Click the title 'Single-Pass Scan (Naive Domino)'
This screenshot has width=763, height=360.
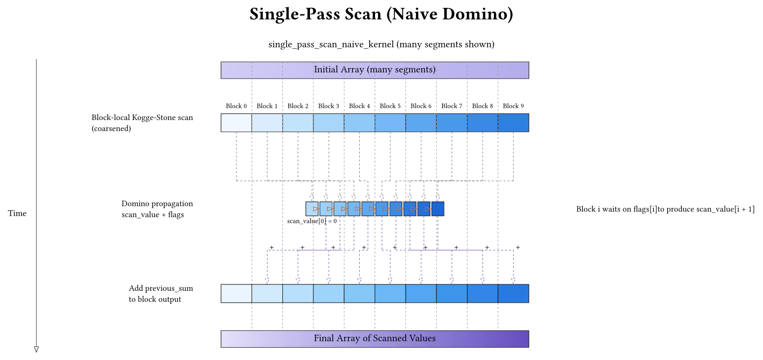(x=381, y=14)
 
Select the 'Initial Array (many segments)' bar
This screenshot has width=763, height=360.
(x=375, y=70)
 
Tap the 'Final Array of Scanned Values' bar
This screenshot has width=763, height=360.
(x=375, y=339)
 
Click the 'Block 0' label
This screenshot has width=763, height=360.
(x=236, y=106)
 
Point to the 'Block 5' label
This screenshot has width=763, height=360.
(x=390, y=106)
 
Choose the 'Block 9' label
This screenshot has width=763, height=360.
(x=513, y=106)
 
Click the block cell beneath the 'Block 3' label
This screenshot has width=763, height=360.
(x=329, y=123)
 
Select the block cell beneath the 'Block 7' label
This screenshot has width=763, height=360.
(x=452, y=123)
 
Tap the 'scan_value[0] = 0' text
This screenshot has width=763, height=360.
(x=312, y=221)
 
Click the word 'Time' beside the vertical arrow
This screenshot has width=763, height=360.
(x=17, y=213)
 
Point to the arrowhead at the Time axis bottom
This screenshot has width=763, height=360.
(x=36, y=349)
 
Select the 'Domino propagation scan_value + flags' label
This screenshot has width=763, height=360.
(x=157, y=209)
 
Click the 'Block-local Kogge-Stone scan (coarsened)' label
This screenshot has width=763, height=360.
(x=142, y=123)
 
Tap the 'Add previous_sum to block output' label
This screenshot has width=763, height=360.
(x=160, y=293)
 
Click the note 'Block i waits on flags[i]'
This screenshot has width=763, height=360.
(x=665, y=209)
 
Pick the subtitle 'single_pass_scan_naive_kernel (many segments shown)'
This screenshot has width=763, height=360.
(x=381, y=44)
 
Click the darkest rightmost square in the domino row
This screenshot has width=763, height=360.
(x=438, y=209)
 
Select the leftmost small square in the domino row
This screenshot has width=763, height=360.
(x=312, y=209)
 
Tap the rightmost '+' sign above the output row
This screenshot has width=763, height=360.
(x=517, y=247)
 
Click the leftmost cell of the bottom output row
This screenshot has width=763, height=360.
(x=236, y=293)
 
